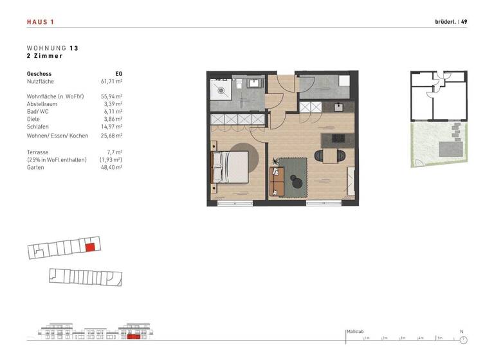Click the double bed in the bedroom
[x=229, y=167]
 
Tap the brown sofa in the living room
[x=277, y=181]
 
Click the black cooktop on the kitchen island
[x=338, y=138]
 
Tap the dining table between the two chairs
[x=332, y=156]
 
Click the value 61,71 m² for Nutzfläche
[x=111, y=82]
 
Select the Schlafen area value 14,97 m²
[x=111, y=127]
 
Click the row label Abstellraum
[x=42, y=103]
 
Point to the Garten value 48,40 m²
[x=111, y=167]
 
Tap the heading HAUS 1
[x=41, y=22]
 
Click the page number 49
[x=464, y=22]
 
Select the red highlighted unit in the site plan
[x=90, y=246]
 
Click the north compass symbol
[x=462, y=339]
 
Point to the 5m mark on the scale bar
[x=439, y=337]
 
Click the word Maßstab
[x=355, y=332]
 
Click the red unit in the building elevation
[x=133, y=336]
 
